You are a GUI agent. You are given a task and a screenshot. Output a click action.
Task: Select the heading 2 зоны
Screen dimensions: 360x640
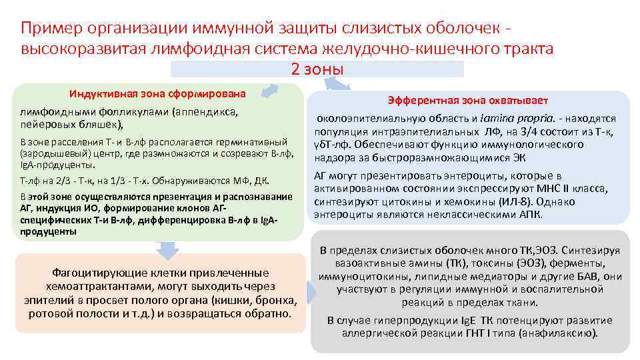(317, 69)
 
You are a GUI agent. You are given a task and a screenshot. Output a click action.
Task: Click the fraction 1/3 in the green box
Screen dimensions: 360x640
(120, 181)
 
